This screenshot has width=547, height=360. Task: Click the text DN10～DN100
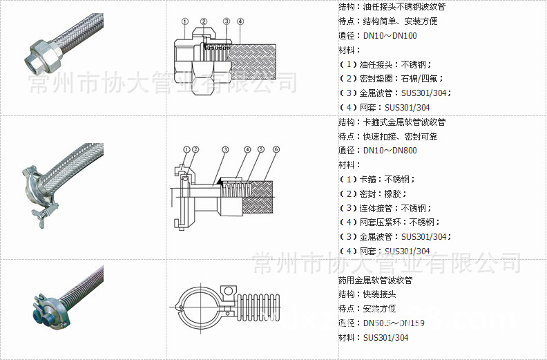390,35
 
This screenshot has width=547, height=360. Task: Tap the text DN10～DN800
390,150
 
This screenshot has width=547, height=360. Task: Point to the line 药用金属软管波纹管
376,281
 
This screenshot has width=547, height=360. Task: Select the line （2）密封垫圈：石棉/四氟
391,78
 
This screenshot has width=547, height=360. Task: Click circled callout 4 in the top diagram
240,21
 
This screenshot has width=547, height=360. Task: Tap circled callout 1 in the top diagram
185,21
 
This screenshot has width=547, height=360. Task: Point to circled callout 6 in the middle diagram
276,149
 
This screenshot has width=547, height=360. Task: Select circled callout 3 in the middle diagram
225,149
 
